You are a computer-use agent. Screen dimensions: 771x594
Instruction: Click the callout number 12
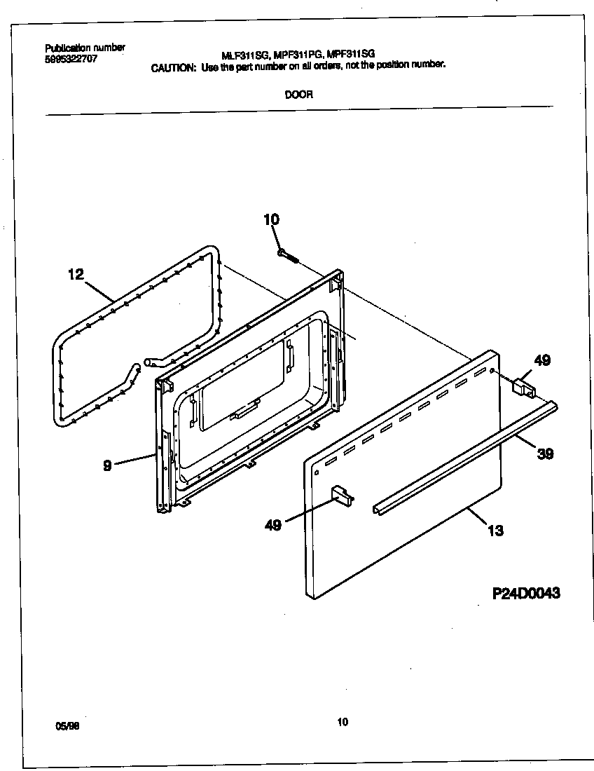(76, 274)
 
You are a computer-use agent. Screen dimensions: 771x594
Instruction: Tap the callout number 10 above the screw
(271, 219)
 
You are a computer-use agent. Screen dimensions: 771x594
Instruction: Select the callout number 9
(107, 464)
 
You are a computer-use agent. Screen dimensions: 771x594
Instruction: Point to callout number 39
(545, 453)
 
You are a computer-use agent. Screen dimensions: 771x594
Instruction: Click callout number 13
(495, 531)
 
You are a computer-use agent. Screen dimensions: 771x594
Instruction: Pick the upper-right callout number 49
(542, 360)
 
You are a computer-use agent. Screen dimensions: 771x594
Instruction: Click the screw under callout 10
(288, 256)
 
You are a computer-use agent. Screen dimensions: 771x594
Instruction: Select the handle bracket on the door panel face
(341, 494)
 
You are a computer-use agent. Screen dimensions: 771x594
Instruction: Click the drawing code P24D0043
(526, 594)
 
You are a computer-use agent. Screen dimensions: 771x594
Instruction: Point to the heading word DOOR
(298, 95)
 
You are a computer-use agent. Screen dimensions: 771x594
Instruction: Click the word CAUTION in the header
(174, 67)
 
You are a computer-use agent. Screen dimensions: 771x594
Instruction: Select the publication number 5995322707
(71, 60)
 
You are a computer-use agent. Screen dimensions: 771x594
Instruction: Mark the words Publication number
(85, 48)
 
